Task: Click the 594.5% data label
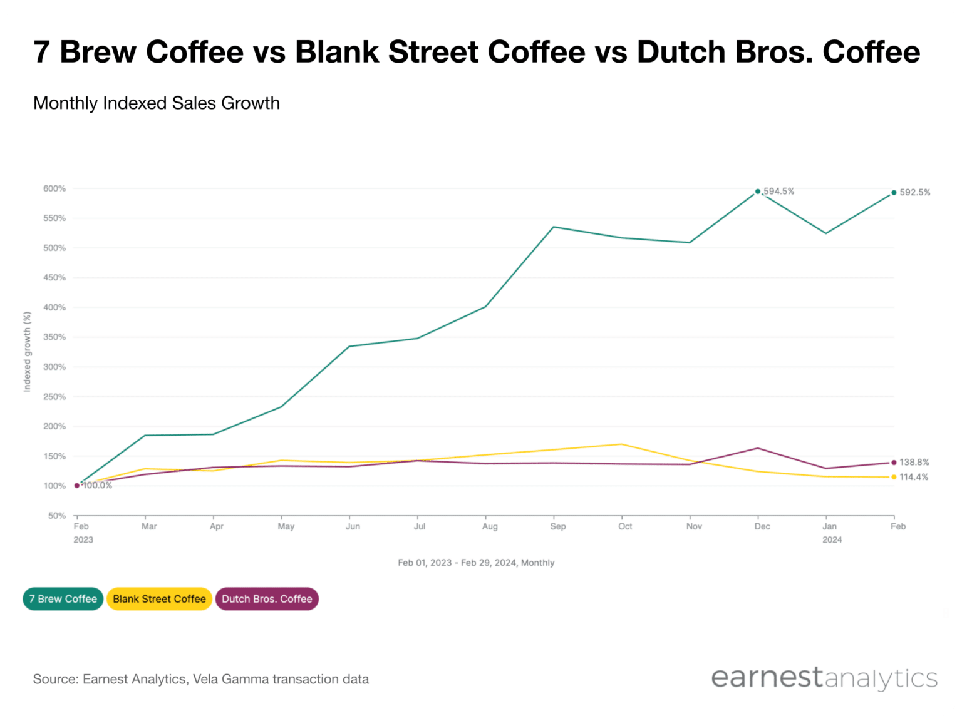click(778, 192)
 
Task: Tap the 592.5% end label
click(914, 193)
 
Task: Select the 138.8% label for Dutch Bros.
click(914, 463)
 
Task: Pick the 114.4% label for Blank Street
click(914, 478)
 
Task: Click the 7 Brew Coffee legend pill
click(63, 599)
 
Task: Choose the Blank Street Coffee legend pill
click(159, 599)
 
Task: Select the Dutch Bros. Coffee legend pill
click(267, 599)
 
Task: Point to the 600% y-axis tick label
click(54, 188)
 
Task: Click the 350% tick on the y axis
click(54, 337)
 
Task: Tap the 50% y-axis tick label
click(56, 516)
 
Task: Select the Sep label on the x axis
click(557, 526)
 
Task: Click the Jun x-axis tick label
click(353, 526)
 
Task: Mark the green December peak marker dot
click(758, 192)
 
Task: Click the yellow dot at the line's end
click(894, 478)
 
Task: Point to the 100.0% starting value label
click(97, 486)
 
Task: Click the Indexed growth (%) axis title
click(27, 352)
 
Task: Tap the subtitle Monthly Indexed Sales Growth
click(157, 103)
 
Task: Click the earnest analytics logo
click(824, 678)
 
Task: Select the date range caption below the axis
click(476, 563)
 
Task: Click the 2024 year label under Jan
click(832, 540)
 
